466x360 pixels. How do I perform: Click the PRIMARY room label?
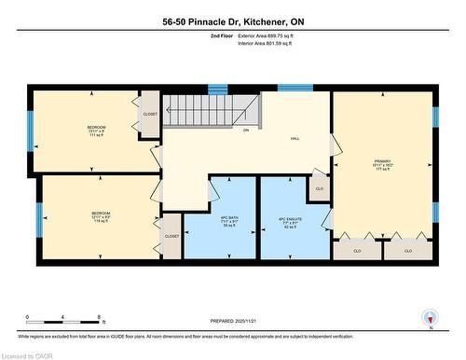382,162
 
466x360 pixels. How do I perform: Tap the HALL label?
295,139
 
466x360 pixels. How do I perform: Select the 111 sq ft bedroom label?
97,131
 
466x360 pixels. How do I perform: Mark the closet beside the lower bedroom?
171,237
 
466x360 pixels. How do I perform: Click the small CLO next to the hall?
320,188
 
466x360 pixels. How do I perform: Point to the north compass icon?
430,318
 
